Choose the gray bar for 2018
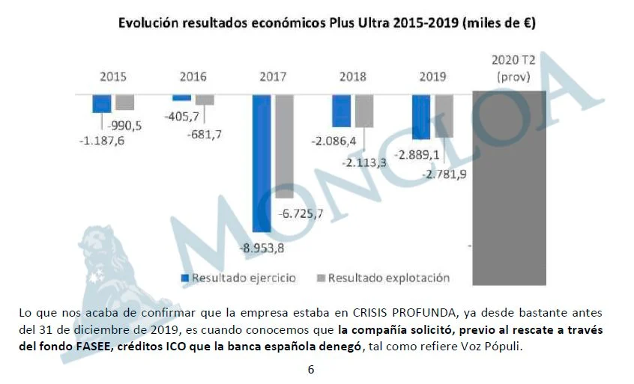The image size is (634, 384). (x=364, y=111)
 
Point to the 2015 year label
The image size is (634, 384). (x=113, y=76)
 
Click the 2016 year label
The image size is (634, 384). (x=193, y=76)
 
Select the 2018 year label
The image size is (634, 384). (x=352, y=76)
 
